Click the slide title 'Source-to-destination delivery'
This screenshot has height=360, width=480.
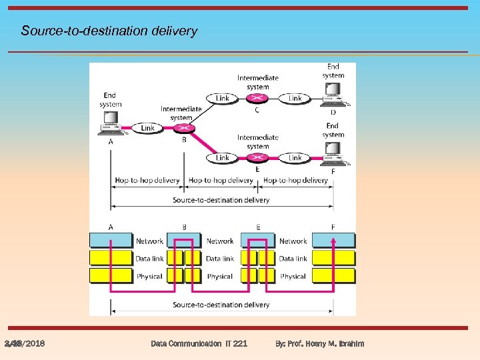(109, 31)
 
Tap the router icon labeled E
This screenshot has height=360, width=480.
(259, 158)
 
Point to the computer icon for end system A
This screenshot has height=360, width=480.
(110, 123)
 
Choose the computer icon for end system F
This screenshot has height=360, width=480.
(333, 157)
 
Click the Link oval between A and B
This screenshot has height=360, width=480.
(147, 128)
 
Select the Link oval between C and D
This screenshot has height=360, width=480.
(295, 99)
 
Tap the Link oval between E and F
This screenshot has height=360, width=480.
(295, 158)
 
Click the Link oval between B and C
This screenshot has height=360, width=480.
(223, 99)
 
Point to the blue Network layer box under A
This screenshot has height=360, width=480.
(111, 240)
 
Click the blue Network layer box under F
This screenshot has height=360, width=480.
(333, 240)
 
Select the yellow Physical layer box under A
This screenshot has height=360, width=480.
(111, 276)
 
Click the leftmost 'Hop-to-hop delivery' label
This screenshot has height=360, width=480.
(147, 180)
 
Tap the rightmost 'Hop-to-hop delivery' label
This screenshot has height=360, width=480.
(296, 180)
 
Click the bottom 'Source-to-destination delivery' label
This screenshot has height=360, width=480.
(221, 305)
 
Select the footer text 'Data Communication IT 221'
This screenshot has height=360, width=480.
(199, 343)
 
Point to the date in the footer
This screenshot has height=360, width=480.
(25, 343)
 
